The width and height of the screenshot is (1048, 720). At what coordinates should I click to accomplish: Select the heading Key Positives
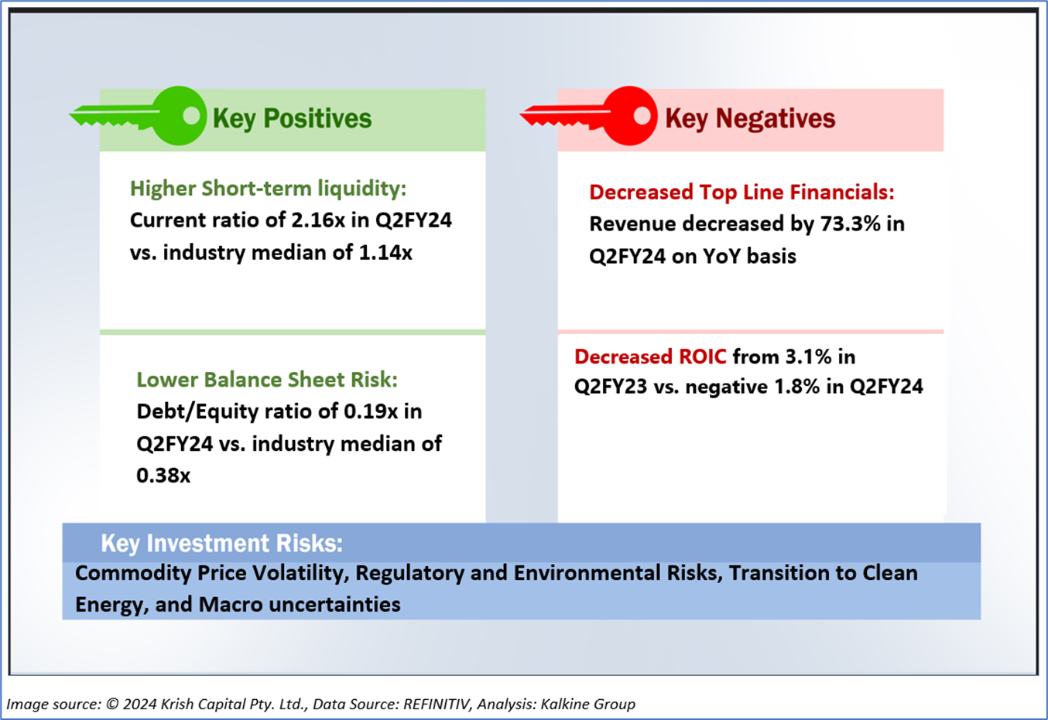coord(292,118)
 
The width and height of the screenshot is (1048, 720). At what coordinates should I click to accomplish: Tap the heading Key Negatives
coord(750,118)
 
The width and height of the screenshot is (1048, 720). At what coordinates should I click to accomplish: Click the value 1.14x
coord(385,252)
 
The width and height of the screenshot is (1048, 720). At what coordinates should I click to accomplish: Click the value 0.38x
coord(163,475)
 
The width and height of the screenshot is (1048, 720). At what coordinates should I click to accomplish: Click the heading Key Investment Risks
coord(221,543)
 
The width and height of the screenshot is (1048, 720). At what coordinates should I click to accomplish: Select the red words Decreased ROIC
coord(650,357)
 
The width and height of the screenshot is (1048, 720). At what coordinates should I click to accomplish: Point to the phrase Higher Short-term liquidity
coord(267,189)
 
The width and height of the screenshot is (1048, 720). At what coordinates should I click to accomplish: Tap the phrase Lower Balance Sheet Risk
coord(266,380)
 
